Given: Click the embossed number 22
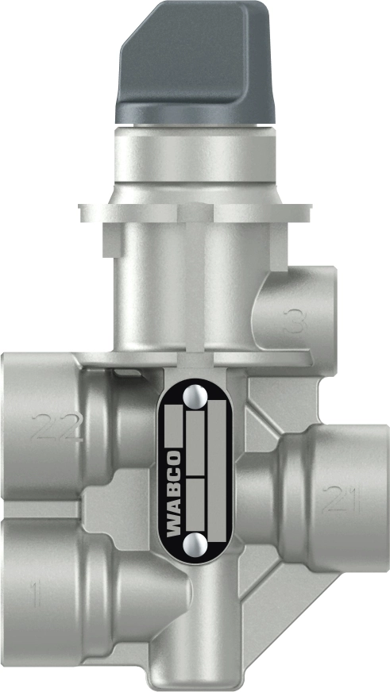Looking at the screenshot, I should point(56,429).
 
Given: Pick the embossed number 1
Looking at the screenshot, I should point(33,594).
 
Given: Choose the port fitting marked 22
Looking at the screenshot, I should point(48,429).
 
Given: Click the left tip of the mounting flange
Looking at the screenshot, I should point(83,212).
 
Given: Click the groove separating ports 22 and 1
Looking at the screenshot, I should point(48,509).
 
